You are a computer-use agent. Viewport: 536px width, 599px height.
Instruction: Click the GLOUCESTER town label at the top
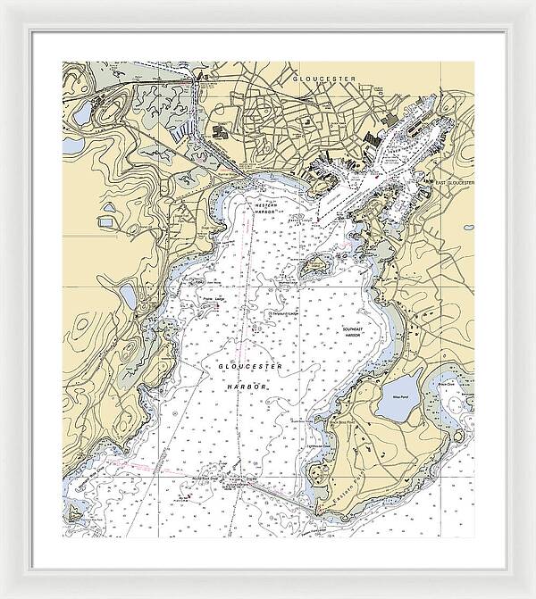point(323,79)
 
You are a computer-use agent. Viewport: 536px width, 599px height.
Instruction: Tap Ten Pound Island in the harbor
point(314,266)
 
